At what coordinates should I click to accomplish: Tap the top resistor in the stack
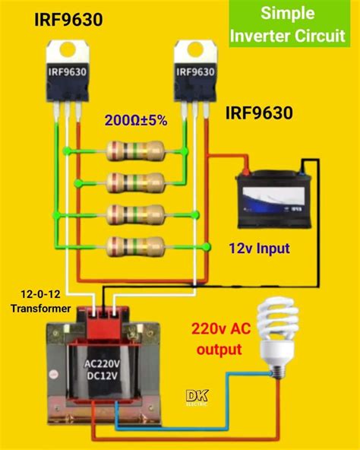coord(135,151)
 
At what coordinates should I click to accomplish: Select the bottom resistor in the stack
coord(135,246)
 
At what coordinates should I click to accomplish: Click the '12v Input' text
coord(260,248)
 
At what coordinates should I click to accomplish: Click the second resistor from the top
coord(135,182)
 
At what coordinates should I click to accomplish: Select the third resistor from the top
coord(135,214)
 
